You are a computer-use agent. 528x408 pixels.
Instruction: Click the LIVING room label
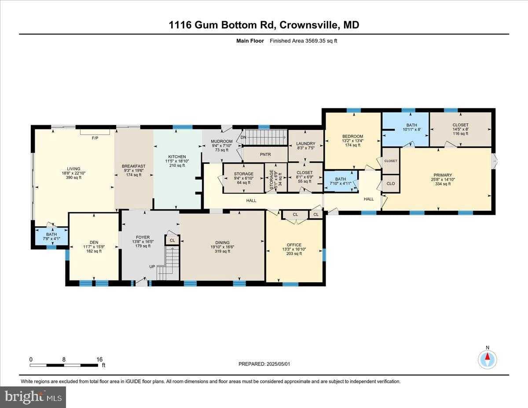point(73,169)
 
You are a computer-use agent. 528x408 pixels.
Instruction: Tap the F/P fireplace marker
point(94,138)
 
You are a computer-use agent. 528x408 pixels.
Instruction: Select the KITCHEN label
point(177,157)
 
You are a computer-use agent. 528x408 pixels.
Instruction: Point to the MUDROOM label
point(222,141)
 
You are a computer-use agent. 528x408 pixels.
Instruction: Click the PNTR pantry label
point(265,155)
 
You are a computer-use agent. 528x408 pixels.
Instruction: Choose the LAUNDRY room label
point(305,143)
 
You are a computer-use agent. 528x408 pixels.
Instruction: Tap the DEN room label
point(94,242)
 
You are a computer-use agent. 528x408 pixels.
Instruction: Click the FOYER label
point(143,237)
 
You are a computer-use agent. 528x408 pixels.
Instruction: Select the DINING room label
point(222,242)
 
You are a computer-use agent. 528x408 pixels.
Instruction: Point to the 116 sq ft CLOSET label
point(460,125)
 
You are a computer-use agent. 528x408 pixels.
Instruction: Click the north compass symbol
point(487,359)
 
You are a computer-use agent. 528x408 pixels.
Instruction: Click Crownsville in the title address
point(307,25)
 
